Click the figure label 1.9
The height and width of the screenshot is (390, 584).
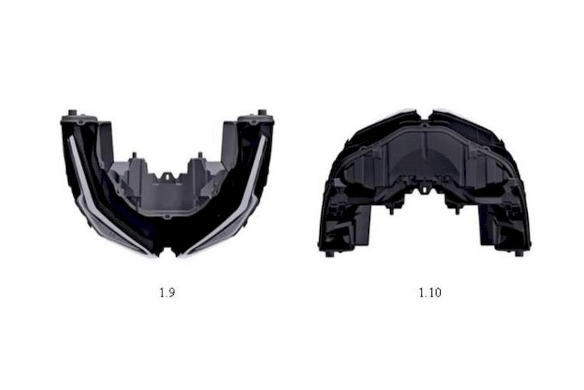pyautogui.click(x=167, y=293)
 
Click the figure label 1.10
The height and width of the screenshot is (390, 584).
pyautogui.click(x=430, y=292)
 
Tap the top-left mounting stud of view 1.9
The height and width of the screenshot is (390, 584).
pyautogui.click(x=72, y=112)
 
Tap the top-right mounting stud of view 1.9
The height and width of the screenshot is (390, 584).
pyautogui.click(x=262, y=112)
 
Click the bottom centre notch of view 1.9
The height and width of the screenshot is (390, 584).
pyautogui.click(x=167, y=251)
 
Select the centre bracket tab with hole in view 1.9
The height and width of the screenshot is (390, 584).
pyautogui.click(x=167, y=176)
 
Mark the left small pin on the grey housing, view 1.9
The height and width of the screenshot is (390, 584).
pyautogui.click(x=135, y=155)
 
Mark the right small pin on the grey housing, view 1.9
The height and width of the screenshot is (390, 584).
pyautogui.click(x=200, y=155)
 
